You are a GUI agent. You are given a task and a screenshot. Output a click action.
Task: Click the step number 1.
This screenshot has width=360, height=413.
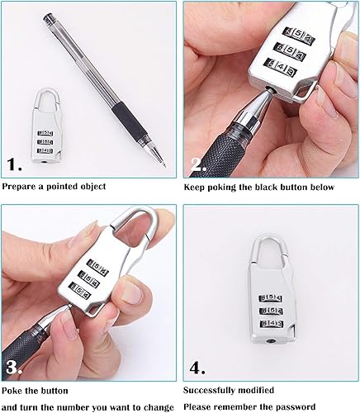(14, 164)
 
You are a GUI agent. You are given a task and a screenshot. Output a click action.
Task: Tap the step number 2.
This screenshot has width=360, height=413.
(198, 164)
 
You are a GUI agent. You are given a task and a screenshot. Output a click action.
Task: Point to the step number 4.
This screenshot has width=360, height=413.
(197, 368)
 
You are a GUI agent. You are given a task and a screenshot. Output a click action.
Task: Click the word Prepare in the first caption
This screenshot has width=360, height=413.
(19, 187)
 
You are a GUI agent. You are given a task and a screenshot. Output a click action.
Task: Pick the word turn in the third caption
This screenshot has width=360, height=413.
(30, 407)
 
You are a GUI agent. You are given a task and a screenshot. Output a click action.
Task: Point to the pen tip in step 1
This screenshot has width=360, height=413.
(165, 166)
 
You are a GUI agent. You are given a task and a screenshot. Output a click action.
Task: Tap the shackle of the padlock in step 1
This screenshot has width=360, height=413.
(48, 98)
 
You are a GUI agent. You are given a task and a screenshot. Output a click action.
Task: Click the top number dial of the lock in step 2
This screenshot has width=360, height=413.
(300, 36)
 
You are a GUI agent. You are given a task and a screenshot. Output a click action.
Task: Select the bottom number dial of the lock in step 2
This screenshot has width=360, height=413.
(280, 67)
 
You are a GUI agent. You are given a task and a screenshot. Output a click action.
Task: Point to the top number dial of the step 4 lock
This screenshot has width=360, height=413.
(271, 298)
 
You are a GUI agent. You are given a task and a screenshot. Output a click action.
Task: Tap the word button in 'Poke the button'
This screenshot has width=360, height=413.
(54, 391)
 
